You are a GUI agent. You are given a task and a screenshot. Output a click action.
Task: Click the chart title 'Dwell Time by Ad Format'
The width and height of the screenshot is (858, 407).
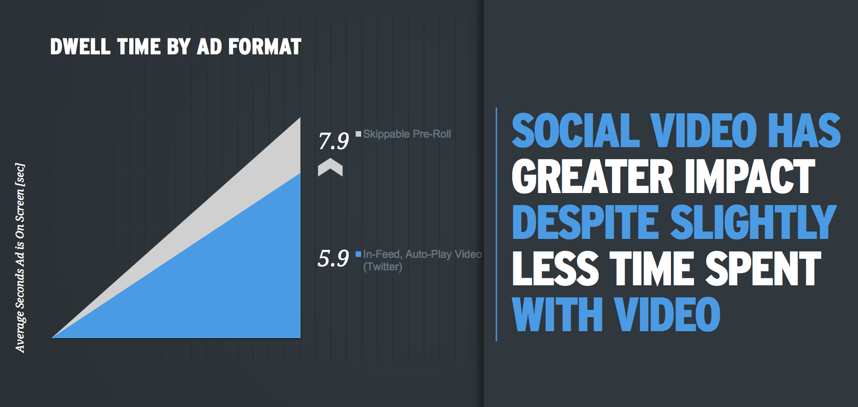176,46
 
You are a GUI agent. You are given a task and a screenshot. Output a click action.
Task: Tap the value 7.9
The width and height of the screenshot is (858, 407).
334,141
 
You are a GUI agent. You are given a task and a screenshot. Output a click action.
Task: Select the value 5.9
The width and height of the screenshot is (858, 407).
333,258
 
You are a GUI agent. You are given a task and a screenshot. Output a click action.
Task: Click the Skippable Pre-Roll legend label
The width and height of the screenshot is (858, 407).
407,134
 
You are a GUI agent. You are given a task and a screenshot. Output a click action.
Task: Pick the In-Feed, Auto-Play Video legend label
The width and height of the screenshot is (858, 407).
423,260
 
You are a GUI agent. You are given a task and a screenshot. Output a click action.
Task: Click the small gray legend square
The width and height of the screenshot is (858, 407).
358,134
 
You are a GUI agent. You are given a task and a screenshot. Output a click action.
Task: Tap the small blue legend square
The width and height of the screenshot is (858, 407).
358,254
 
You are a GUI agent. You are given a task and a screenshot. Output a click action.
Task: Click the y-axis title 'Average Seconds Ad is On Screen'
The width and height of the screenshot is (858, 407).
20,258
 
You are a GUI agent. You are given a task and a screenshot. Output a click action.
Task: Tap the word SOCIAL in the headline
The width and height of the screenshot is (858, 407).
576,130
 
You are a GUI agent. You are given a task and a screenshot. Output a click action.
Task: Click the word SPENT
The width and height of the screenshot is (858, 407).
763,268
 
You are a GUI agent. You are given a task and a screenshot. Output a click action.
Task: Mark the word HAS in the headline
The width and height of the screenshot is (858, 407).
804,130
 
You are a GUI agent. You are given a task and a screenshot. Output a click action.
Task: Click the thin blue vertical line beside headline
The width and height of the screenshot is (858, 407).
496,224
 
